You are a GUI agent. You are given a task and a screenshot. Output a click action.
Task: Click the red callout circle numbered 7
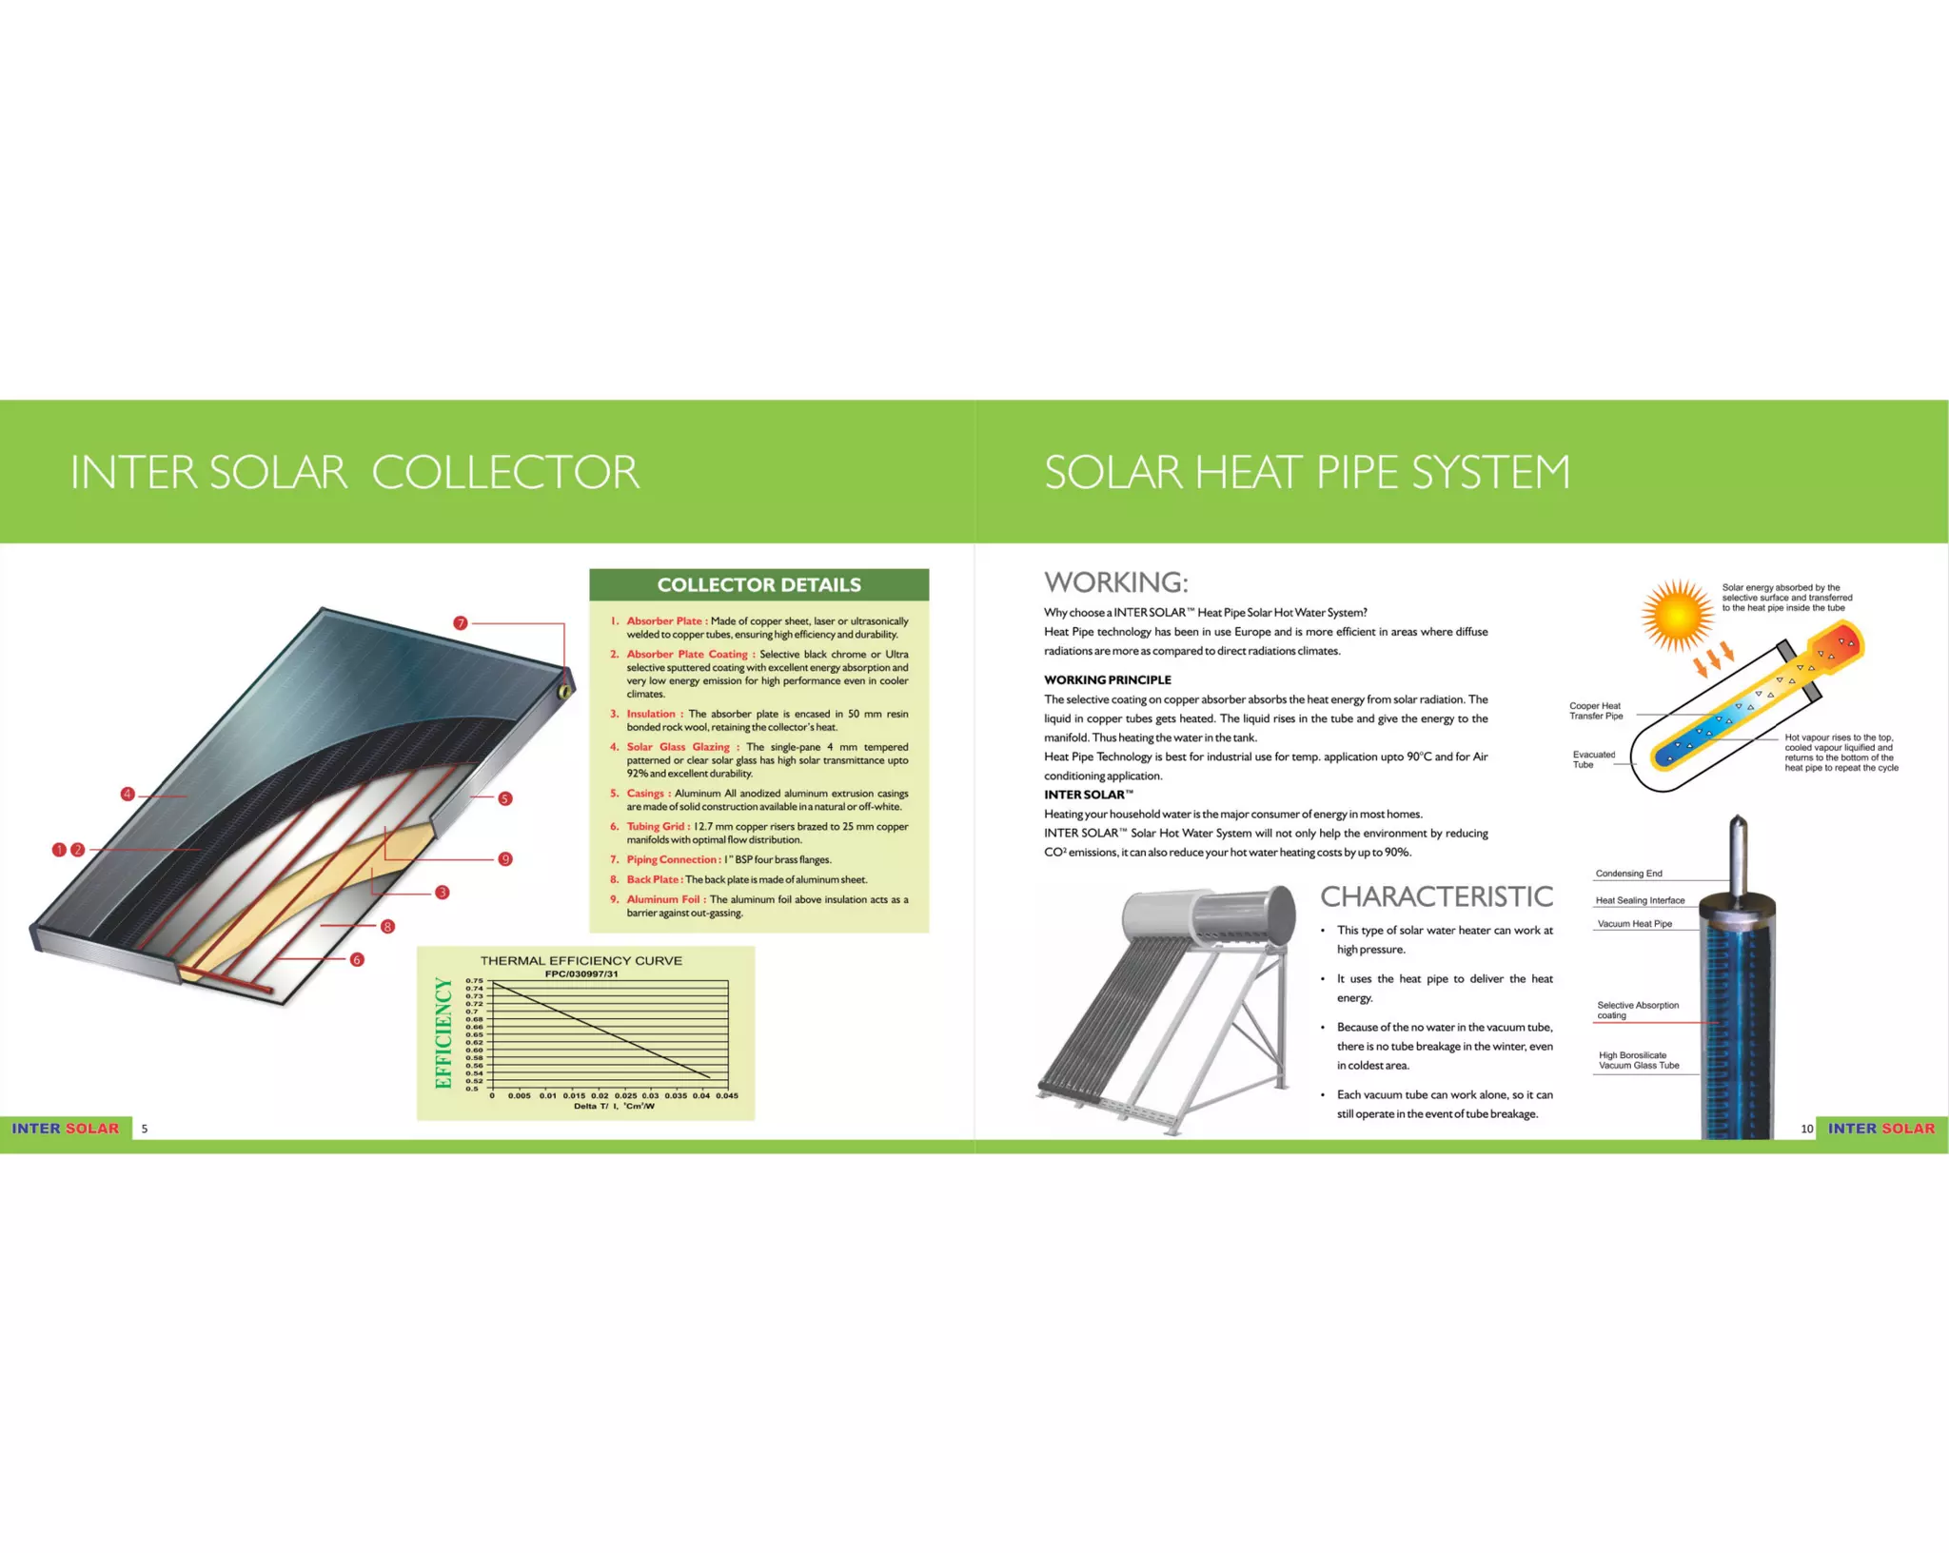pyautogui.click(x=461, y=623)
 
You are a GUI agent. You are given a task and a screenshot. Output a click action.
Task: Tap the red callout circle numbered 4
pyautogui.click(x=128, y=794)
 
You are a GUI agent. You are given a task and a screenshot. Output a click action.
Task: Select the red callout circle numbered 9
pyautogui.click(x=505, y=858)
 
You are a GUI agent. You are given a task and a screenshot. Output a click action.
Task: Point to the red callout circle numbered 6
pyautogui.click(x=357, y=959)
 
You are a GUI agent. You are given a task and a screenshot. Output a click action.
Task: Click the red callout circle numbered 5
pyautogui.click(x=505, y=798)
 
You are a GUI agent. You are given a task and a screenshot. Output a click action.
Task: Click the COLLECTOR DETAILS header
pyautogui.click(x=758, y=585)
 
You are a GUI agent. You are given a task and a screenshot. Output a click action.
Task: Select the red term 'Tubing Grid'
pyautogui.click(x=656, y=826)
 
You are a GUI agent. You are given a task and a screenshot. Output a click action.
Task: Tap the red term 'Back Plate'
pyautogui.click(x=653, y=879)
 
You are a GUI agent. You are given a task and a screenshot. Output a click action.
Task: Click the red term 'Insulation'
pyautogui.click(x=651, y=714)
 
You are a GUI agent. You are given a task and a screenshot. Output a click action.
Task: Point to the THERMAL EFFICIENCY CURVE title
pyautogui.click(x=581, y=961)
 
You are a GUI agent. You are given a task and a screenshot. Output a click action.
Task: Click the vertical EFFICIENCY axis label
pyautogui.click(x=443, y=1033)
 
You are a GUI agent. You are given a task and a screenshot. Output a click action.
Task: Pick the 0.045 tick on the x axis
pyautogui.click(x=727, y=1095)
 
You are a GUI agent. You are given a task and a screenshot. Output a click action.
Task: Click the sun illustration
pyautogui.click(x=1678, y=616)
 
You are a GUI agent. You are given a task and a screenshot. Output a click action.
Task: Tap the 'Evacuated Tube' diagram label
pyautogui.click(x=1593, y=759)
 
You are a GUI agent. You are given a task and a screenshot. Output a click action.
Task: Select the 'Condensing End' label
pyautogui.click(x=1628, y=874)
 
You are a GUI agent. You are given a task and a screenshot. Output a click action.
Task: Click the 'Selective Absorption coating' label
pyautogui.click(x=1637, y=1011)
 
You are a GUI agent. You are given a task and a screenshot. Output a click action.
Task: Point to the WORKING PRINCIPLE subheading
pyautogui.click(x=1107, y=679)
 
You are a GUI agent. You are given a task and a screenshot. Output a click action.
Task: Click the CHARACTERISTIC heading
pyautogui.click(x=1436, y=896)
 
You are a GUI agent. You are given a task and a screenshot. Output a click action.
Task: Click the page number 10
pyautogui.click(x=1806, y=1129)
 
